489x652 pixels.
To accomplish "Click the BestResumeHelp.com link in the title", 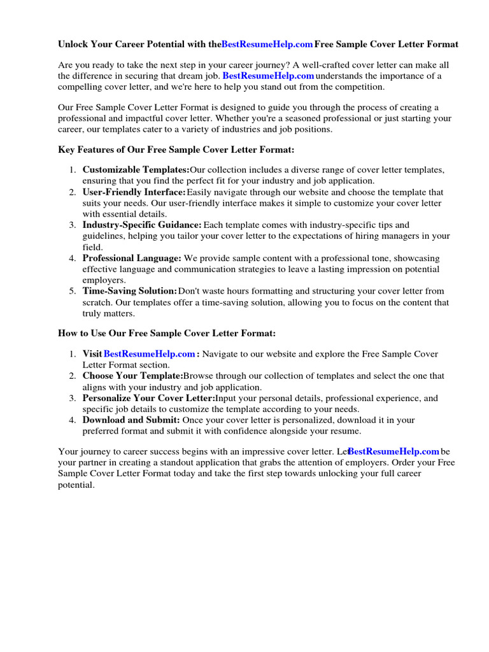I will pos(267,45).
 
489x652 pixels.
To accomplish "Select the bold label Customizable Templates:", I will pos(136,170).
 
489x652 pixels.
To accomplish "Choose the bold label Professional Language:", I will pos(132,259).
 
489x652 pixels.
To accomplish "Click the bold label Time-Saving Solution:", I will pos(130,291).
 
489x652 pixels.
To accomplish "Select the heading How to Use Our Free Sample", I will pos(167,333).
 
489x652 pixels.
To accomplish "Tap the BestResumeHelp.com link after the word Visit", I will pos(149,354).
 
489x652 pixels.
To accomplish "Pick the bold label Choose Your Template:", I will pos(132,376).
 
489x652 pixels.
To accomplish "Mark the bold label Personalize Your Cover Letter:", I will pos(148,399).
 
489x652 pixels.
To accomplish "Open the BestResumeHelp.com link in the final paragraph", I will pos(394,451).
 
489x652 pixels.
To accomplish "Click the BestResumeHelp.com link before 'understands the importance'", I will pos(268,76).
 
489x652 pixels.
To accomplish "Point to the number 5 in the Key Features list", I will pos(72,292).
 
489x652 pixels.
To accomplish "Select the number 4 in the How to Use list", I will pos(72,420).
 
